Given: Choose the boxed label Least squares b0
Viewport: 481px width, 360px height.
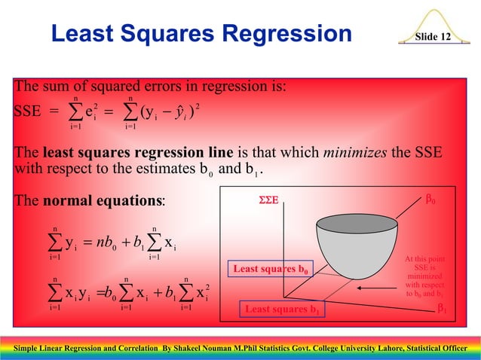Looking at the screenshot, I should coord(270,269).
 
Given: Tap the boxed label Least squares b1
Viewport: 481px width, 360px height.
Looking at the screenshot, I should coord(283,310).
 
